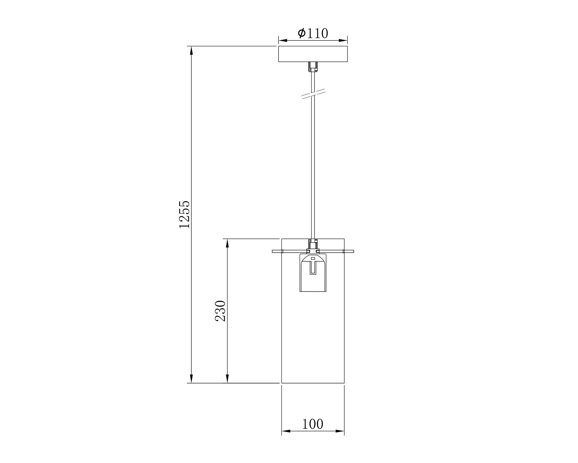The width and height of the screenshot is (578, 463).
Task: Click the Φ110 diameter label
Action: (313, 33)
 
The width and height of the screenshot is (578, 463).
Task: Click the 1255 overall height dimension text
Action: (184, 214)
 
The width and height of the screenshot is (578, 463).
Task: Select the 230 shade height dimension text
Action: (220, 311)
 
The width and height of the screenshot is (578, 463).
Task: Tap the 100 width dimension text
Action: (313, 424)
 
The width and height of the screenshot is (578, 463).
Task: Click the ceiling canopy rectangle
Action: (313, 54)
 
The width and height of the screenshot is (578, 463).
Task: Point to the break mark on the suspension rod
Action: (313, 94)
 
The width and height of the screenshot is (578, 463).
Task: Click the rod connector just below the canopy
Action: (313, 67)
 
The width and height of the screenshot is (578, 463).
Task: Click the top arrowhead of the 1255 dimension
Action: (191, 50)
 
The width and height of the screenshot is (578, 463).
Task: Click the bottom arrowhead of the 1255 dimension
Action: (191, 379)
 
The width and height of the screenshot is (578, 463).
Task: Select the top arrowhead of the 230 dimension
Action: (227, 243)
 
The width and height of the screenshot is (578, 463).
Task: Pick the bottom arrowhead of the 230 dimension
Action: (227, 379)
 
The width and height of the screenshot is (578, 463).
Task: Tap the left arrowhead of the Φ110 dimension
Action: (283, 41)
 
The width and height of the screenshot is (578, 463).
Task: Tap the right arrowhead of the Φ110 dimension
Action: (343, 41)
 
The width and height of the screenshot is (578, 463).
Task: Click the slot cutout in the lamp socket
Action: (313, 268)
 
